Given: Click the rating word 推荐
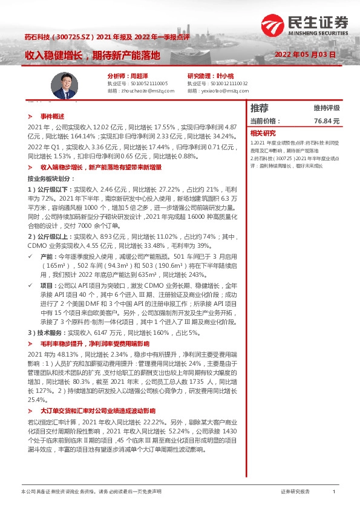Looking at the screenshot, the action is point(259,108).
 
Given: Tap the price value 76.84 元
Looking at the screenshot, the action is point(327,121).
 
